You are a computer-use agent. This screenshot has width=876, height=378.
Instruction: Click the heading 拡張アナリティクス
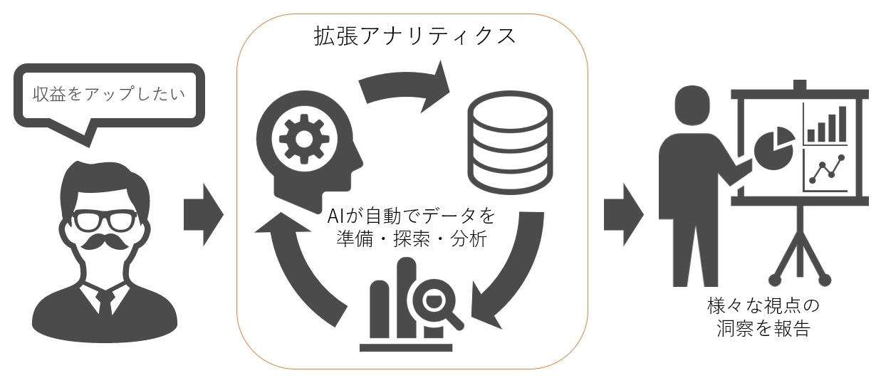tap(414, 36)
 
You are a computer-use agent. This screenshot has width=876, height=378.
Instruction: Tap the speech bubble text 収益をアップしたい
tap(109, 94)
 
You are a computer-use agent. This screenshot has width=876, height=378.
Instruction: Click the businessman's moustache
tap(105, 242)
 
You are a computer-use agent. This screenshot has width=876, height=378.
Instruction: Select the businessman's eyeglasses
tap(105, 221)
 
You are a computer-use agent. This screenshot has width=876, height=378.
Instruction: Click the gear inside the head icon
tap(304, 139)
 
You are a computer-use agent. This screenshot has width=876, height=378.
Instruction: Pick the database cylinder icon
tap(510, 142)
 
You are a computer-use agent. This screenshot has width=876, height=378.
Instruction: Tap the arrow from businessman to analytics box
tap(204, 214)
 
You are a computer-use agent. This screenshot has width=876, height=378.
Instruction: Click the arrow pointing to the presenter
tap(624, 214)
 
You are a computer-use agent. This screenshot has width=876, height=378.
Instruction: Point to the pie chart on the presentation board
tap(773, 149)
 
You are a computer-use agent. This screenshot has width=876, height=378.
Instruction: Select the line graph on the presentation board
tap(826, 170)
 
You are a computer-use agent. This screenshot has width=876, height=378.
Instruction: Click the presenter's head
tap(692, 105)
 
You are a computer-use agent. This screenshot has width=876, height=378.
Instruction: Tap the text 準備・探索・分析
tap(412, 239)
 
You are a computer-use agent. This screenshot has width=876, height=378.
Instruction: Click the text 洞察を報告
tap(763, 328)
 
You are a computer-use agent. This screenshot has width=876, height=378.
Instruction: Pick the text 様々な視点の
tap(763, 305)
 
